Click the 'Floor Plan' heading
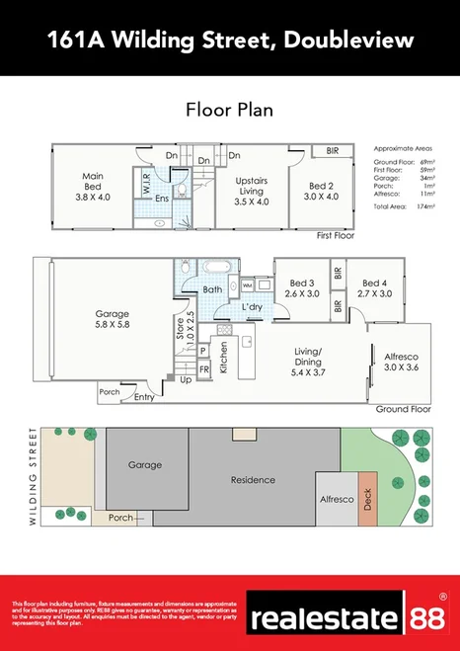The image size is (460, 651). (x=229, y=109)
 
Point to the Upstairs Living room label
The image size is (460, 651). (x=252, y=191)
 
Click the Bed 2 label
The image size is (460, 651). (x=323, y=191)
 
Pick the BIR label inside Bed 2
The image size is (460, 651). (x=332, y=151)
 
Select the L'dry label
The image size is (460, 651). (x=251, y=308)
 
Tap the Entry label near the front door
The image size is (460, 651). (x=144, y=397)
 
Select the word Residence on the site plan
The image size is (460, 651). (x=253, y=479)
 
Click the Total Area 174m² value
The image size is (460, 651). (x=426, y=206)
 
